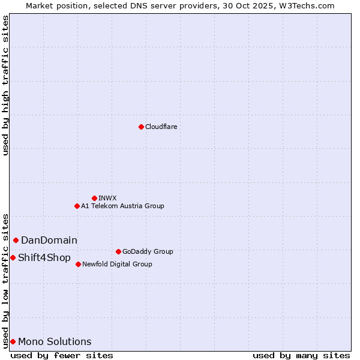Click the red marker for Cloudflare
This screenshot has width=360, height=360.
coord(141,127)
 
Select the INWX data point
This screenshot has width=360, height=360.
coord(94,198)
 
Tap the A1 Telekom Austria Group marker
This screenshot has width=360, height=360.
coord(77,206)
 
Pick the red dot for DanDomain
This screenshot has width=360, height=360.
coord(16,240)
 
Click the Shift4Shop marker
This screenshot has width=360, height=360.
coord(13,257)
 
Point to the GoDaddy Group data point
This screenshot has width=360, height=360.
coord(118,251)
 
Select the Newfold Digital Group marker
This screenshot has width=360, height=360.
coord(78,264)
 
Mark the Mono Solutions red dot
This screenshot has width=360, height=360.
coord(13,341)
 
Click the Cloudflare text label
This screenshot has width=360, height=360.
coord(161,127)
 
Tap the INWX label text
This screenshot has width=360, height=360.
coord(107,198)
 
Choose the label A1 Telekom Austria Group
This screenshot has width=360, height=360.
coord(122,206)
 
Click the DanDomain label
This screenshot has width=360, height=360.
coord(49,240)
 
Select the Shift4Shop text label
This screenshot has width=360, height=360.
coord(44,257)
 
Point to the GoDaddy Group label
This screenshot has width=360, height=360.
coord(148,251)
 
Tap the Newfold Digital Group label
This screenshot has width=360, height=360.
coord(117,264)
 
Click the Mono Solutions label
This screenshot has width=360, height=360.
coord(55,341)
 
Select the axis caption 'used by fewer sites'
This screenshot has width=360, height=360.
coord(62,355)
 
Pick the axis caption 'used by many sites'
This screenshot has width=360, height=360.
coord(301,355)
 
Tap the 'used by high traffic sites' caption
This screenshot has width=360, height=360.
coord(5,85)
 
